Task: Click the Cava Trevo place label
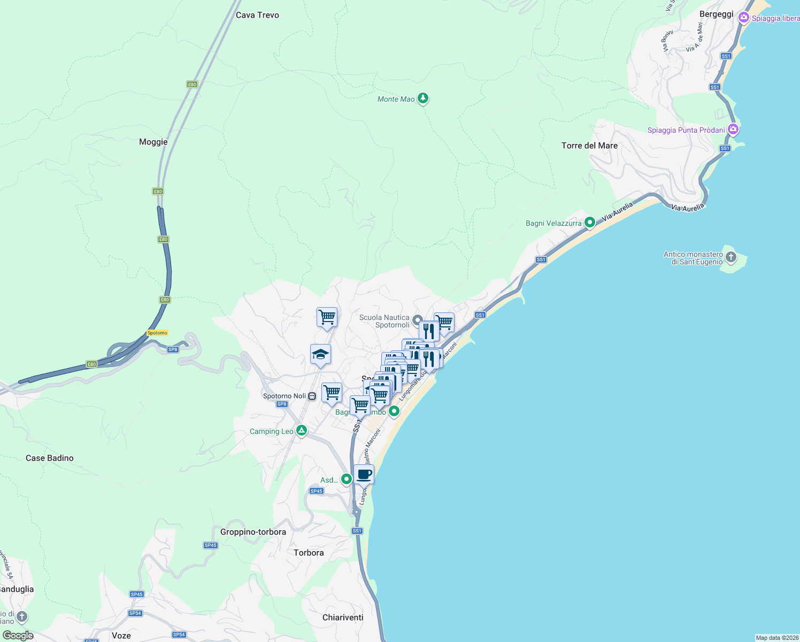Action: (257, 15)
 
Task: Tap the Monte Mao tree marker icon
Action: (423, 98)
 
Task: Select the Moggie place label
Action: (153, 142)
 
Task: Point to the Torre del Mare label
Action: (589, 146)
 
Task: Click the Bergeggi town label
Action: (716, 14)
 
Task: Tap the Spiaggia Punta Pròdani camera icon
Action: (733, 129)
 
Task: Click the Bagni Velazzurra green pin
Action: (590, 222)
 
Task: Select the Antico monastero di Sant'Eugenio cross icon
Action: (730, 258)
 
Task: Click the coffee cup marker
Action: (364, 474)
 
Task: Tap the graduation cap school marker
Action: (320, 354)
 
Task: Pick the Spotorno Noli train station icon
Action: (312, 396)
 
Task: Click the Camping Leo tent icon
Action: (302, 431)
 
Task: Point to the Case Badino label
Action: (50, 458)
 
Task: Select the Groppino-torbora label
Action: (253, 532)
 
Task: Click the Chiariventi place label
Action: (343, 617)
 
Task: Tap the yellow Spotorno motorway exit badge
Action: (157, 333)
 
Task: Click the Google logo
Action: (18, 636)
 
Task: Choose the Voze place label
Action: (121, 636)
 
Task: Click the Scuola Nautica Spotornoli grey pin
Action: (418, 320)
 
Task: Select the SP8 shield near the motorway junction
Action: (172, 349)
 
